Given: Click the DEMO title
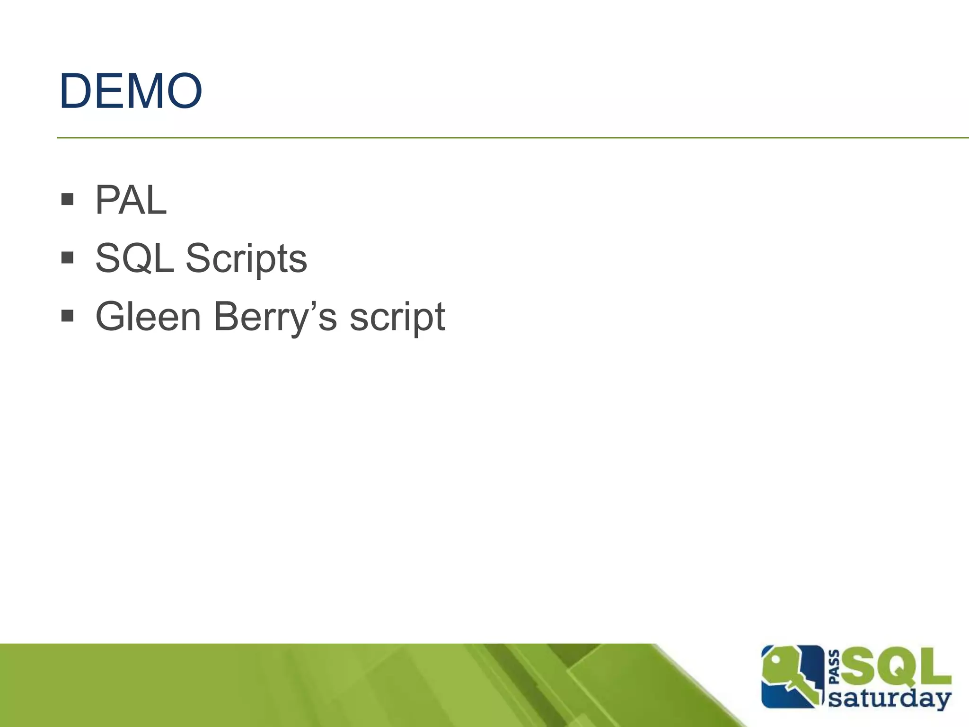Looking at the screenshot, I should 131,91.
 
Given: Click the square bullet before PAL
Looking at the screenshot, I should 68,199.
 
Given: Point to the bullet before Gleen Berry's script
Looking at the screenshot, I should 68,315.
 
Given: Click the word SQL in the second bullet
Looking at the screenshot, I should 134,258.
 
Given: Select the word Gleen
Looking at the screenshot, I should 148,317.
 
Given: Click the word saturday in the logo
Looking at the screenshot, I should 890,699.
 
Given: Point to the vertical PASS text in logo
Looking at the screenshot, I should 835,667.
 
